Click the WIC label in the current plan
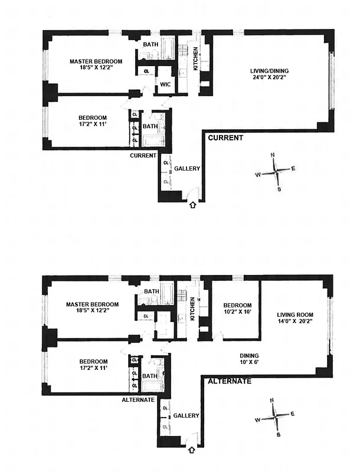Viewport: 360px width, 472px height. [165, 84]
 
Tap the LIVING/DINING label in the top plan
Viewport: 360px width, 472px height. [269, 71]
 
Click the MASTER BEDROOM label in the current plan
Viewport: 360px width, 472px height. [96, 61]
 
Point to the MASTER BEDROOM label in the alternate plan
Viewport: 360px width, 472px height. [92, 304]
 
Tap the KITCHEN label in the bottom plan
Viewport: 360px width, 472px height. [192, 309]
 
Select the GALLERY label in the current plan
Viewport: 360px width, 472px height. [187, 169]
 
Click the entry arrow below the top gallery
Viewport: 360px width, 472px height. [192, 205]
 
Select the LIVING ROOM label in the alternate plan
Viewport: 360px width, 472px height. [293, 314]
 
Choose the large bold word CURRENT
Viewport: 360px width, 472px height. [225, 138]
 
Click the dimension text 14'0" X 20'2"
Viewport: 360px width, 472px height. [293, 322]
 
